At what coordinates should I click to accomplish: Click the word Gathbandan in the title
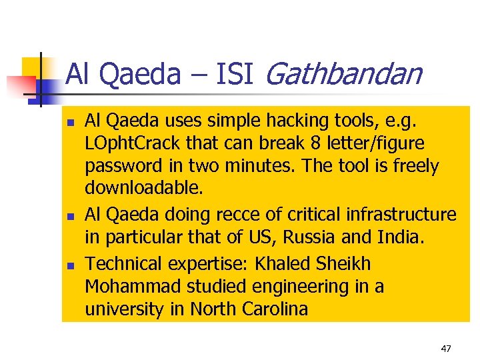pyautogui.click(x=343, y=75)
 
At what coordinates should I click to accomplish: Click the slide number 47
pyautogui.click(x=446, y=348)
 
